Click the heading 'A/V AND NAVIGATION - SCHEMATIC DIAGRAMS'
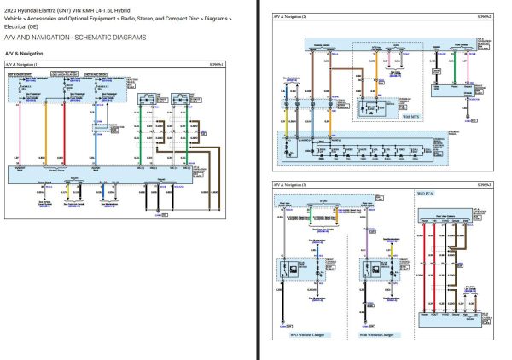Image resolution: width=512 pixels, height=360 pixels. [x=74, y=38]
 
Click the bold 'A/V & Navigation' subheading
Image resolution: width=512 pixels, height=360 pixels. [x=29, y=54]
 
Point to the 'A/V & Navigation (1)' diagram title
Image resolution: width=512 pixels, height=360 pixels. [x=25, y=64]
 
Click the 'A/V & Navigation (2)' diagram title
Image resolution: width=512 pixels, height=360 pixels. [x=291, y=16]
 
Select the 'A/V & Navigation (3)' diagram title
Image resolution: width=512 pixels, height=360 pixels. [x=291, y=184]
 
